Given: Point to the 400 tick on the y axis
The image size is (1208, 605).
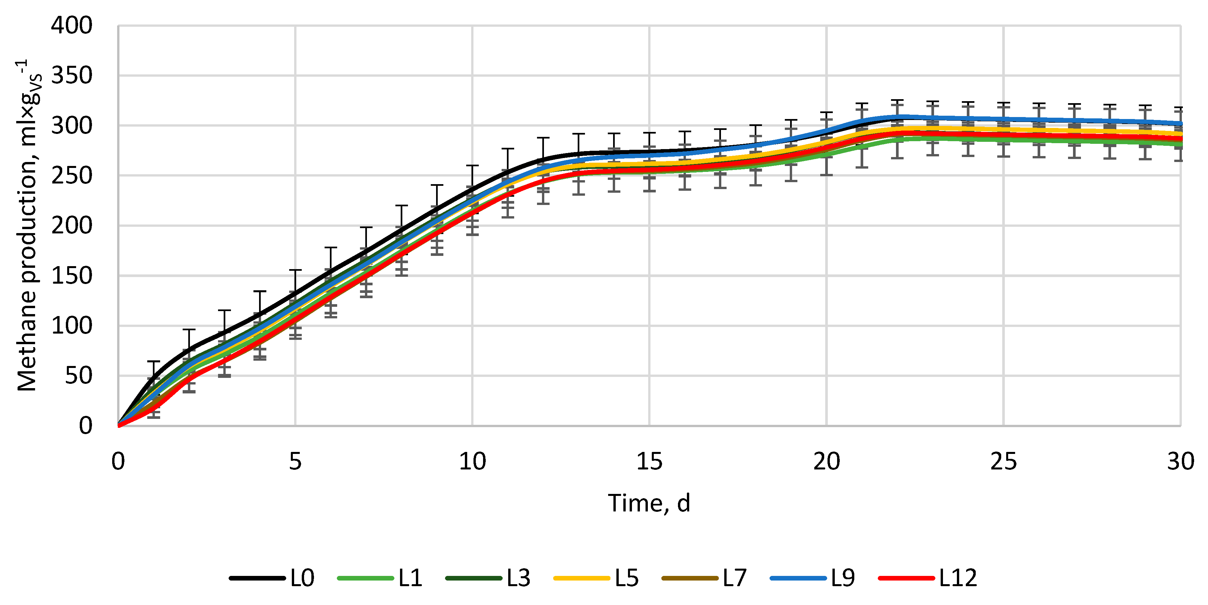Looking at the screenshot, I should point(72,25).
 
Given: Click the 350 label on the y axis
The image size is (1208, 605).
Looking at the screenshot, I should point(72,75).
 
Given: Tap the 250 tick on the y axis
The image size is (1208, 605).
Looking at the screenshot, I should point(72,176).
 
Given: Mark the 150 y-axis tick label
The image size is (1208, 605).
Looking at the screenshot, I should point(72,275).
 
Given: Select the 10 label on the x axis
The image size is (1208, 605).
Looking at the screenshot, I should point(472,462).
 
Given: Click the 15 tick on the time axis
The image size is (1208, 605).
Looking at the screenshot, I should point(649,462).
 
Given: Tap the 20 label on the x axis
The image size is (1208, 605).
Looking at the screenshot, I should point(826,462).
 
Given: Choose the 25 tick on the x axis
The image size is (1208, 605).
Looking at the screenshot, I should point(1003,462).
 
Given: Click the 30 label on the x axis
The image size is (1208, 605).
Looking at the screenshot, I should point(1180,462).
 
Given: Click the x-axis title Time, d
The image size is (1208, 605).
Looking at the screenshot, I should point(649,503).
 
